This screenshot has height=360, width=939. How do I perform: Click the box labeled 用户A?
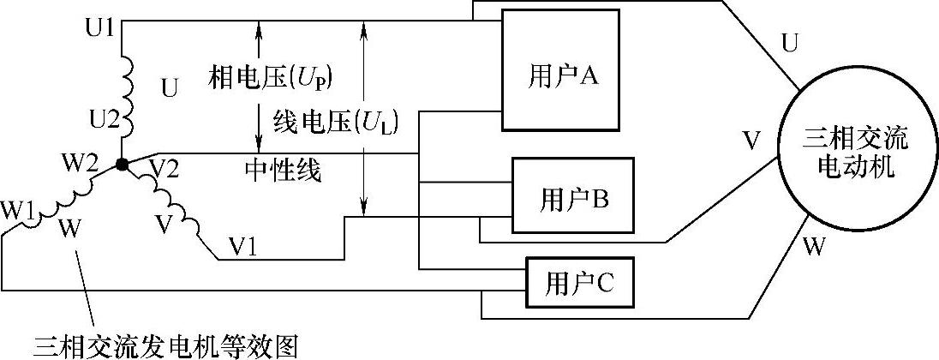click(560, 69)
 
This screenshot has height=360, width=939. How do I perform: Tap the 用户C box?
click(580, 282)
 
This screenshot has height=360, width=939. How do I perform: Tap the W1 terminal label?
click(18, 209)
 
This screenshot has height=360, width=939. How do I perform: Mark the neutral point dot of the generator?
click(123, 164)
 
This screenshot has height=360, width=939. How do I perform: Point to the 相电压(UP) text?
click(270, 78)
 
